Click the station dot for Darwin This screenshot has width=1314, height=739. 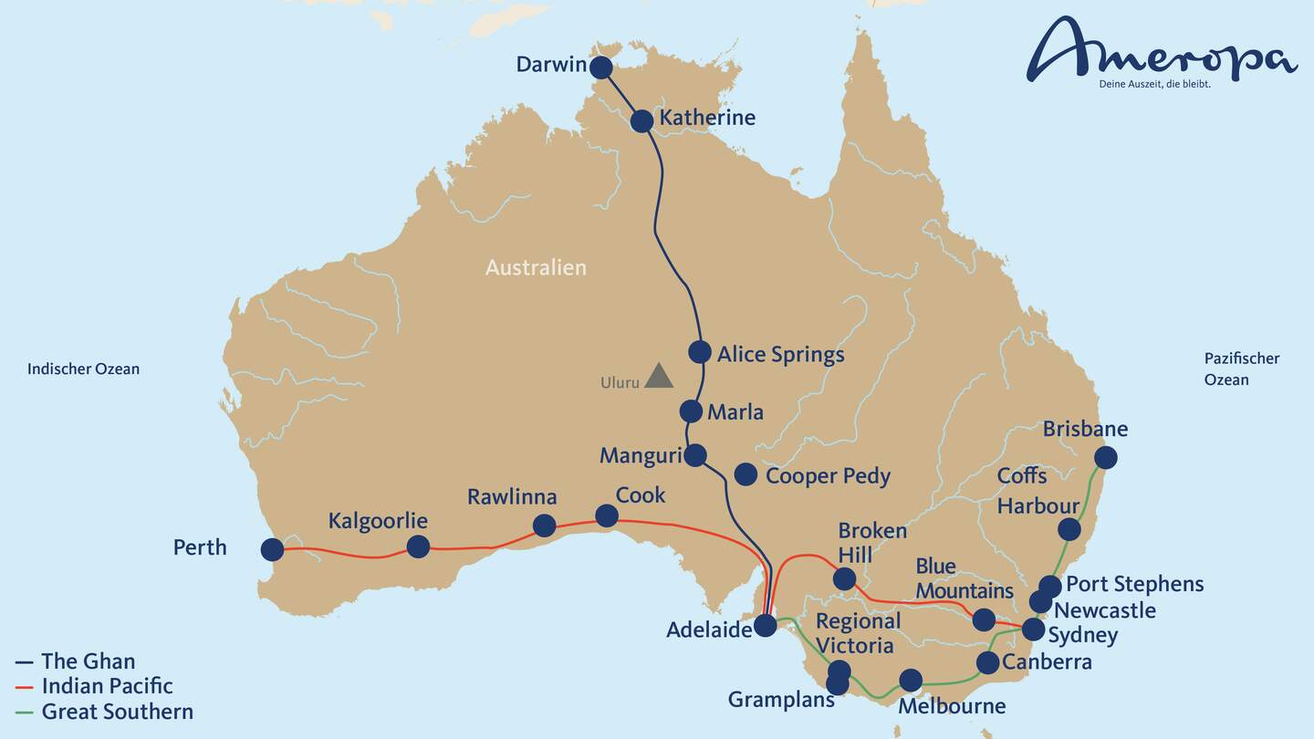[600, 68]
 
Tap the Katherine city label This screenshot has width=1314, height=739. [707, 118]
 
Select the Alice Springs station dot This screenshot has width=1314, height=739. [700, 352]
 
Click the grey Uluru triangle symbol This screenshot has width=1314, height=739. [658, 376]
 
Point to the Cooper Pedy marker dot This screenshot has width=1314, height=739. [746, 474]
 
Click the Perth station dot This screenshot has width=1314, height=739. [272, 549]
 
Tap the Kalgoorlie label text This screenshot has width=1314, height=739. [378, 521]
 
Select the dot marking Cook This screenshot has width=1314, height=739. [607, 516]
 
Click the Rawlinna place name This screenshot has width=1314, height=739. [512, 497]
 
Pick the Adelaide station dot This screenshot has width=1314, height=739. [766, 625]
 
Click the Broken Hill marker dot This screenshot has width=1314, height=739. [845, 578]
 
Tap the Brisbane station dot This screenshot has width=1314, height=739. [1106, 457]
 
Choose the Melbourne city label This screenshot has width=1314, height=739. [952, 706]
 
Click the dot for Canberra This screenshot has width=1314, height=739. [988, 662]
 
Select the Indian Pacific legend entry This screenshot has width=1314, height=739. [107, 686]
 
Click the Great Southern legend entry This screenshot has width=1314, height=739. [117, 712]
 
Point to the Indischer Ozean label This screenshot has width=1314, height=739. [83, 369]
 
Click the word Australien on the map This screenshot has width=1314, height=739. [536, 267]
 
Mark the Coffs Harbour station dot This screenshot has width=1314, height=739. [1069, 529]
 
